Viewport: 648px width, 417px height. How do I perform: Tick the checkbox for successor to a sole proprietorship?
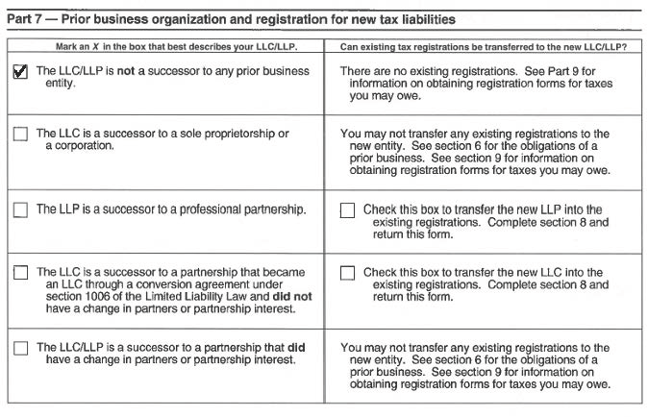point(20,135)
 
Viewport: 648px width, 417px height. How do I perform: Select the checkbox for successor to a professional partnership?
point(20,210)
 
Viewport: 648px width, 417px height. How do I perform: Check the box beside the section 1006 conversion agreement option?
point(20,273)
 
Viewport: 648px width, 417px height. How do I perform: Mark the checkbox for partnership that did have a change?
point(20,348)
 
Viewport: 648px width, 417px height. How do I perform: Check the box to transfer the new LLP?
point(347,210)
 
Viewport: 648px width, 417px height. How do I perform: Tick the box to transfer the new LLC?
point(347,273)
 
